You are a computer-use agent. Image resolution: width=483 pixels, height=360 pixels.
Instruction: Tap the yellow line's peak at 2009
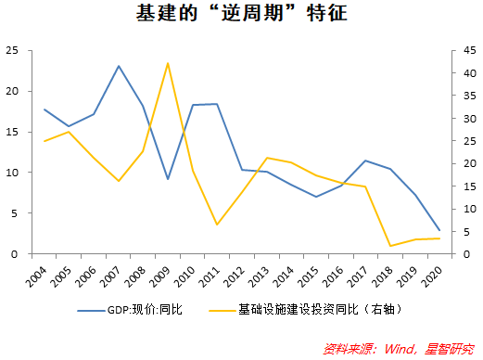168,63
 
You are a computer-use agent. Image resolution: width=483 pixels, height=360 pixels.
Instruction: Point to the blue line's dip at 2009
168,179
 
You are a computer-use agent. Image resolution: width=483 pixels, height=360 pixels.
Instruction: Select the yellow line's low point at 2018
390,246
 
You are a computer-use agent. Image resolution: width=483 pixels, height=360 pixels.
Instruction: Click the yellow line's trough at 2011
217,225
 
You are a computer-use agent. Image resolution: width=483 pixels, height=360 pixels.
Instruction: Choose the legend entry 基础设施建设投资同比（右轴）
324,307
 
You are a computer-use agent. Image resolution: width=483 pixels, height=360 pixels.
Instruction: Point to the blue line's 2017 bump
365,161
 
